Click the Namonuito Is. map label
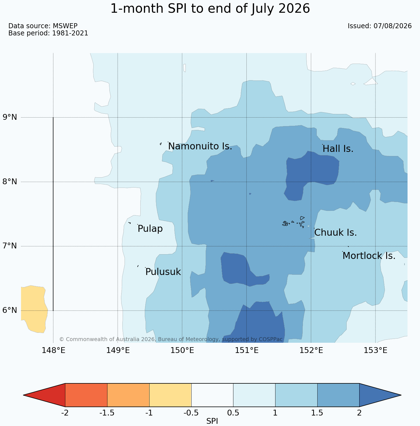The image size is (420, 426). click(200, 146)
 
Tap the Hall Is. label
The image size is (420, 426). click(338, 149)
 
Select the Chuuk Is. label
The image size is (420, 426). click(336, 233)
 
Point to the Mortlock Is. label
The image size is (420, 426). click(369, 256)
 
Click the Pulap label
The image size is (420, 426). click(150, 229)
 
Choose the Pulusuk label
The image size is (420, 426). click(163, 272)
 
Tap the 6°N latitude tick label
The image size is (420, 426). click(10, 310)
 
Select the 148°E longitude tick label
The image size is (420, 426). click(53, 350)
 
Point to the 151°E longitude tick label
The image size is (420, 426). click(247, 350)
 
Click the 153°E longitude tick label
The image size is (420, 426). click(375, 350)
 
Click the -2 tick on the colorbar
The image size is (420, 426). click(65, 413)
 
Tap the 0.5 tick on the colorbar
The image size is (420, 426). click(233, 413)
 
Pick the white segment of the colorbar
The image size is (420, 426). click(212, 395)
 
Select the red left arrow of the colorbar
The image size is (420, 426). click(44, 395)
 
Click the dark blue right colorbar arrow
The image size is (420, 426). click(380, 395)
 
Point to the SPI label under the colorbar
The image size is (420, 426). click(212, 421)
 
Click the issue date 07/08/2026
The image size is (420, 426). click(393, 26)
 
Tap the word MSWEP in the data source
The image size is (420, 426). click(65, 26)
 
